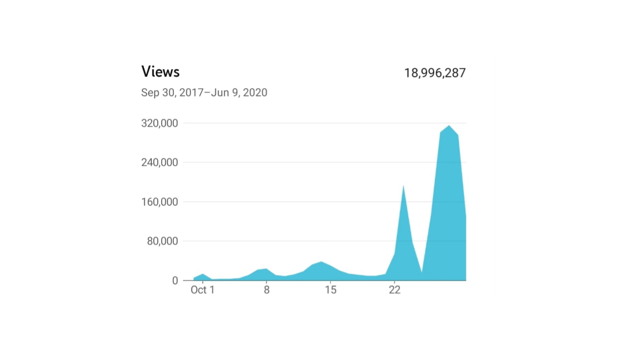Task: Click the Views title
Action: (x=160, y=72)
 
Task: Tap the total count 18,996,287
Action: (x=435, y=73)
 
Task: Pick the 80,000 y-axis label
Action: (x=162, y=241)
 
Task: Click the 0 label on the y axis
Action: (x=175, y=281)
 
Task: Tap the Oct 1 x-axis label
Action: (x=202, y=290)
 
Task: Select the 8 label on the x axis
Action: (x=266, y=290)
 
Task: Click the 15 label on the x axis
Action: (x=330, y=290)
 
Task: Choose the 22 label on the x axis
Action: (x=395, y=290)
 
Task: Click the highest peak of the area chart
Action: (x=449, y=126)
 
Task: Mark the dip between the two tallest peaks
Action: (x=422, y=272)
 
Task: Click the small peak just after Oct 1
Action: (x=202, y=274)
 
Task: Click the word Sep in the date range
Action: (x=150, y=93)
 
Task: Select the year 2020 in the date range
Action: (x=255, y=93)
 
